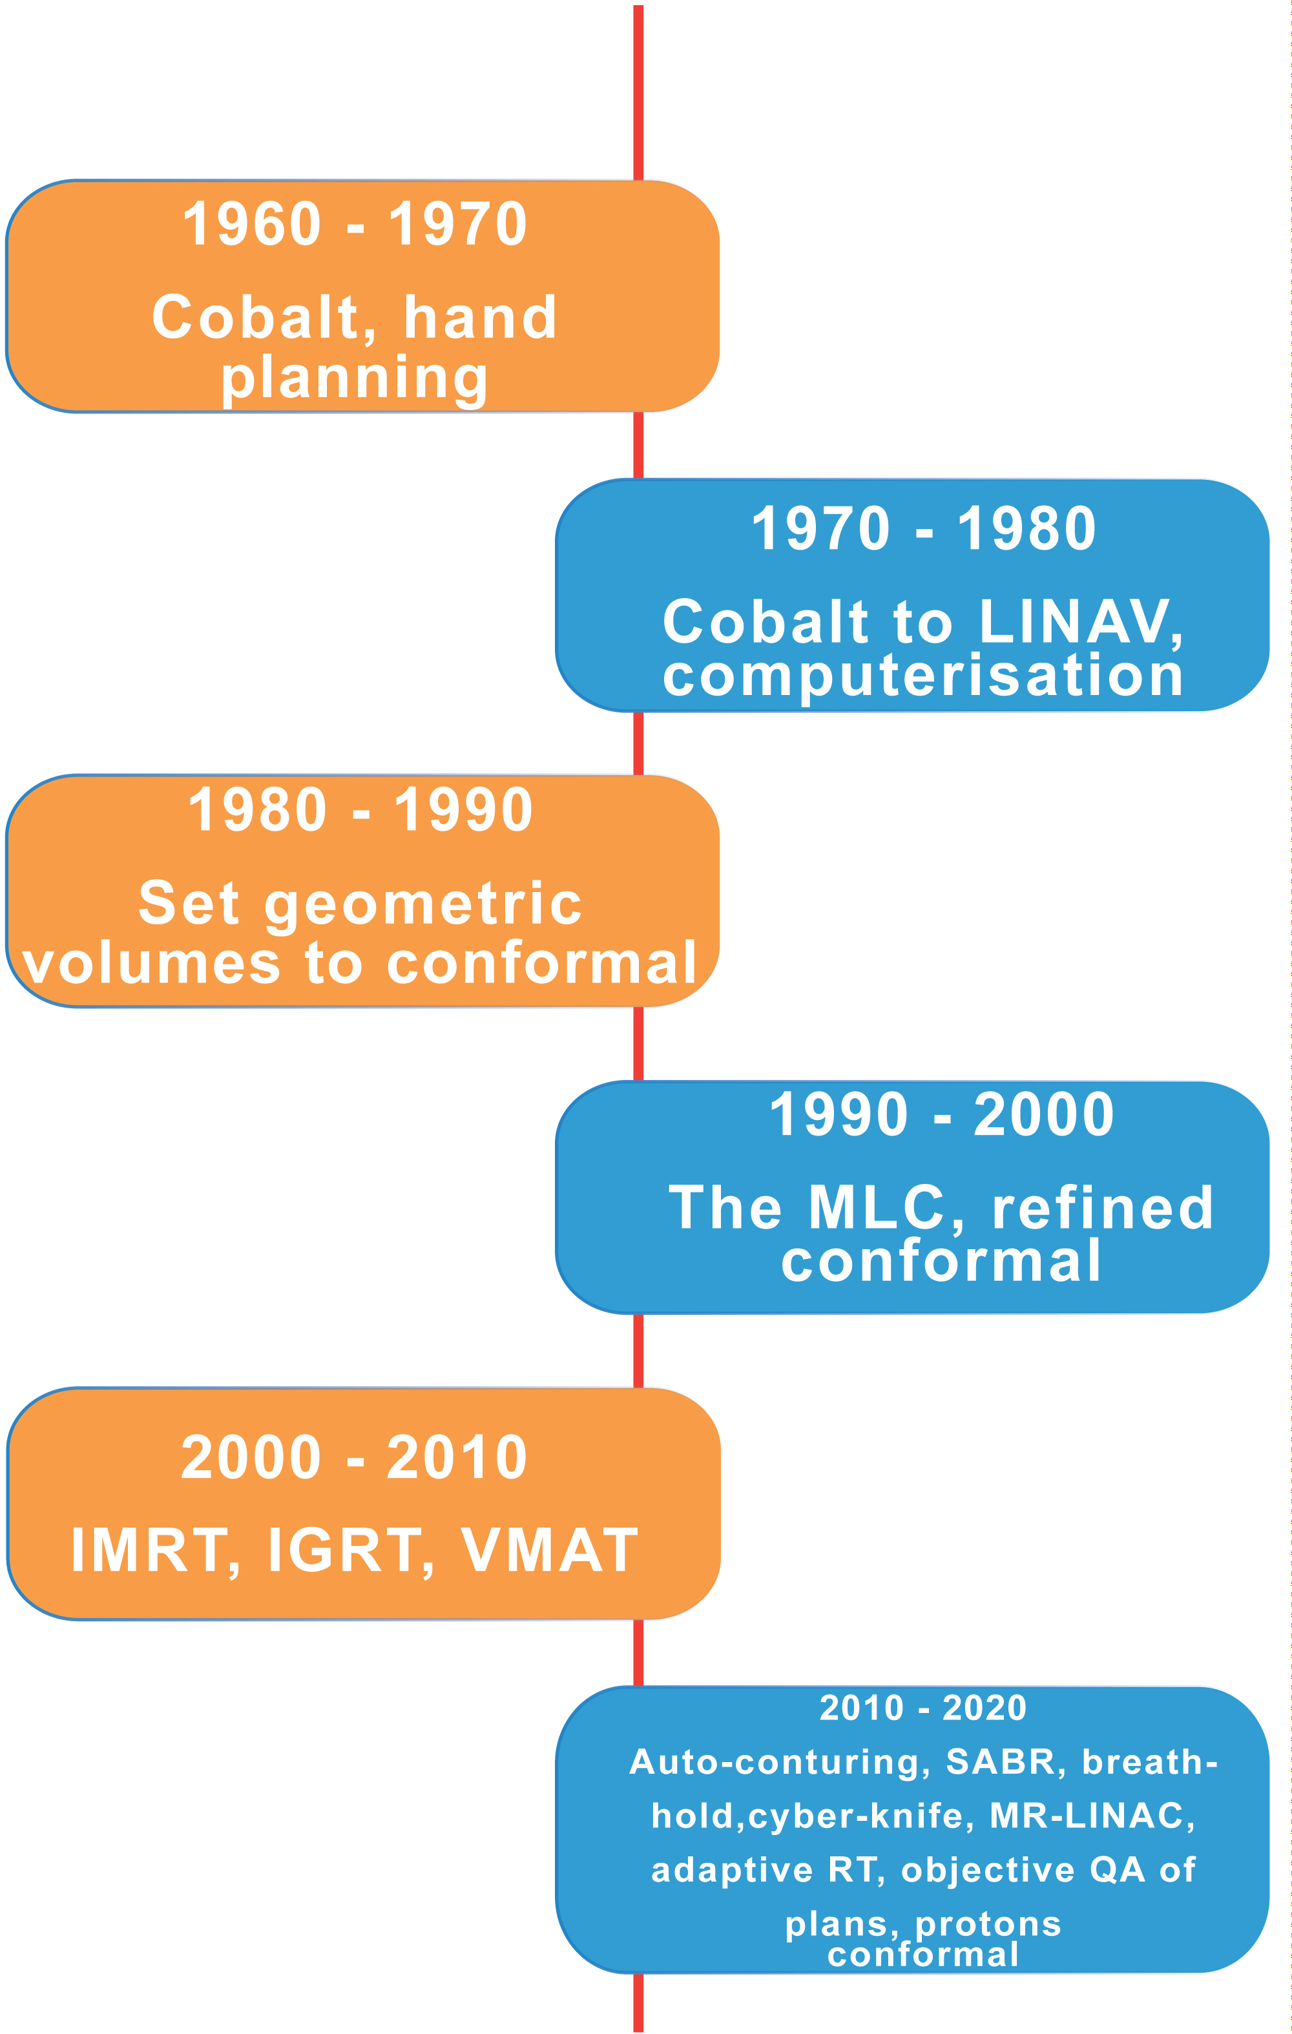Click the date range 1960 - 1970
(355, 225)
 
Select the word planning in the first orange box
(354, 379)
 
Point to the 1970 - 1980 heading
(924, 529)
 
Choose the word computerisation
(922, 676)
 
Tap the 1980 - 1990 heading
(360, 810)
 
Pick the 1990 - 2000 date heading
(941, 1114)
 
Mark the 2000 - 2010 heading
(354, 1458)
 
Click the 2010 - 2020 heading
(922, 1708)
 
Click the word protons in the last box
(988, 1925)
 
